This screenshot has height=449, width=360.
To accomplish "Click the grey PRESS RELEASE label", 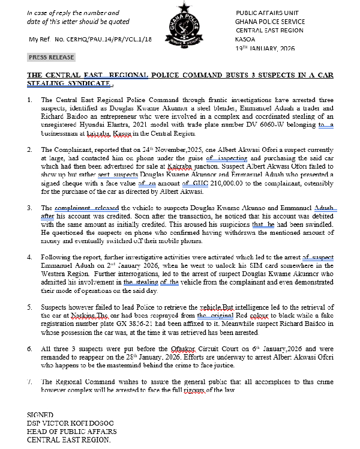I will point(52,58).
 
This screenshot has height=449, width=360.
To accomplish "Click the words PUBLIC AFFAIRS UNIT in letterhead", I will point(266,13).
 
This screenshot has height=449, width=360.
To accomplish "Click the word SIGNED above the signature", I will point(41,415).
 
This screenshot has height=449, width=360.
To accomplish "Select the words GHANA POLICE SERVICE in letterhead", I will point(269,21).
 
